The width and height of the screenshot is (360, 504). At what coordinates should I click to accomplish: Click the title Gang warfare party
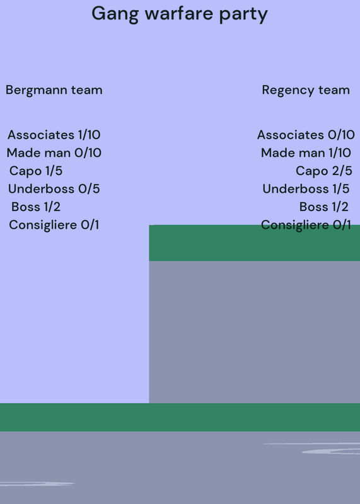point(180,14)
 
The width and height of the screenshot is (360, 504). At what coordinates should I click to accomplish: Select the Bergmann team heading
point(54,90)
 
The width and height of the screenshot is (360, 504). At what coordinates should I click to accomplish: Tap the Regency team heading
point(306,90)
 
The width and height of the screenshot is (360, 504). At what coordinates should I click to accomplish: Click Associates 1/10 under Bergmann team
point(54,135)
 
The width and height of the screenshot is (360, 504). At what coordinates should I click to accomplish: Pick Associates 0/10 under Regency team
point(306,135)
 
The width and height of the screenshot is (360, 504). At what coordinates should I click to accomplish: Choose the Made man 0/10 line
point(54,152)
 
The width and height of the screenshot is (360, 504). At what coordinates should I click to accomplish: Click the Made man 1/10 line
point(306,152)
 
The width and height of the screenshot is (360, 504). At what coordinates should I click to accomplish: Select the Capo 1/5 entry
point(36,171)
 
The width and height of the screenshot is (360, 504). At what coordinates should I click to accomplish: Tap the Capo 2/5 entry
point(324,171)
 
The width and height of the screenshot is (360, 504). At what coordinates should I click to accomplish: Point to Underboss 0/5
point(54,188)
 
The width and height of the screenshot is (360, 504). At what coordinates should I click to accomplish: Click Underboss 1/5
point(306,188)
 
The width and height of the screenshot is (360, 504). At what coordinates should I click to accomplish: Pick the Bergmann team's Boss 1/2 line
point(36,207)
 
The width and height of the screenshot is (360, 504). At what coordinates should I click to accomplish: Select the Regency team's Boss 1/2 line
point(324,207)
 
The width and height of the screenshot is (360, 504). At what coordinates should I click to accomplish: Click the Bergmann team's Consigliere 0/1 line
point(54,225)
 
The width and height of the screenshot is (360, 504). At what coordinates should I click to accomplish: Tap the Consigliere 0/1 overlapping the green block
point(306,225)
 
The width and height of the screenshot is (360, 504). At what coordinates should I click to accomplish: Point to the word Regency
point(287,90)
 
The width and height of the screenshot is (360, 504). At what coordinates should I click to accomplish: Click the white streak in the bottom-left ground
point(37,484)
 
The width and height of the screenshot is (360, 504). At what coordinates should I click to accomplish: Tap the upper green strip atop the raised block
point(255,243)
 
